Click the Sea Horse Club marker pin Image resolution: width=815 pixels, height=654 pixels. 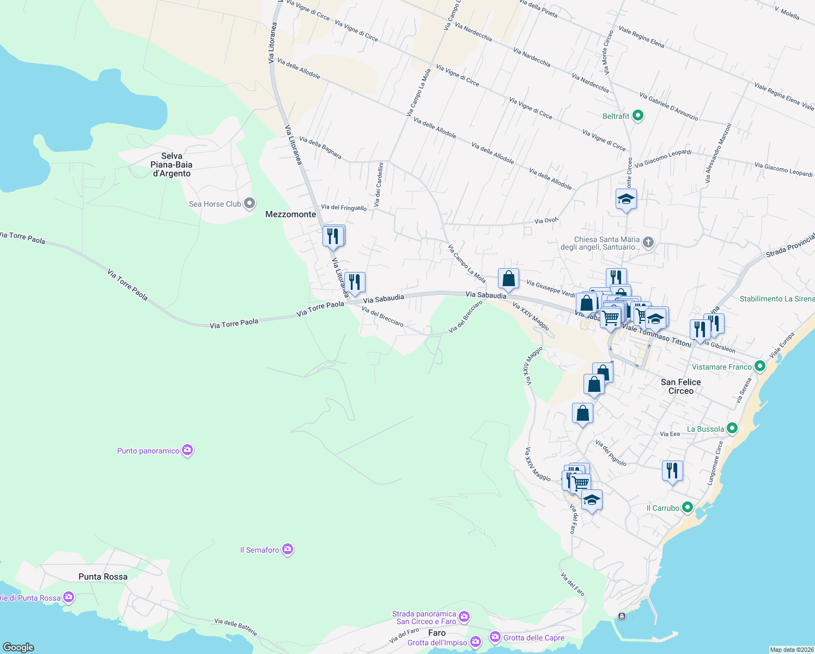tap(250, 204)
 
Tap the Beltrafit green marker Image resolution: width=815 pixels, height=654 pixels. tap(638, 116)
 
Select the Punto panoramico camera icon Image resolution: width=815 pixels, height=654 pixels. tap(187, 450)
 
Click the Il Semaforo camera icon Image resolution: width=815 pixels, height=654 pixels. tap(288, 549)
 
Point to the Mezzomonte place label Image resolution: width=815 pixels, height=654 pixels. tap(290, 214)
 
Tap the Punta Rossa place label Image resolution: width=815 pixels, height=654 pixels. tap(103, 577)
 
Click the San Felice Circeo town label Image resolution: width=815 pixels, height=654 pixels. tap(680, 386)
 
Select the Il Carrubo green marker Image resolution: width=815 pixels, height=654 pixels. tap(687, 507)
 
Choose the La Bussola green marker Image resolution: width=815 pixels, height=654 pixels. tap(732, 428)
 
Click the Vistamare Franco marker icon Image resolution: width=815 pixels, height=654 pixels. tap(759, 367)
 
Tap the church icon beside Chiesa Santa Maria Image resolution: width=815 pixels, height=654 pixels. tap(648, 242)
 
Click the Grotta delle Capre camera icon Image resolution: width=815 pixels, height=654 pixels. tap(495, 636)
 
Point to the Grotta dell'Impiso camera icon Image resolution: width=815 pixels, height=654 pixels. tap(475, 642)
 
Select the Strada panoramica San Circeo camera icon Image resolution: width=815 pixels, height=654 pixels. tap(464, 616)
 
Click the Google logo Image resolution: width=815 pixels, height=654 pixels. tap(18, 647)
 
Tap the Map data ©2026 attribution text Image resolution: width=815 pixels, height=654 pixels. tap(791, 650)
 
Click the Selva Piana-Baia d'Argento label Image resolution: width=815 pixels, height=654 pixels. tap(172, 165)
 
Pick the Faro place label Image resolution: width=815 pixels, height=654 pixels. tap(437, 633)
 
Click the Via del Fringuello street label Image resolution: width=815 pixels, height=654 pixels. tap(344, 207)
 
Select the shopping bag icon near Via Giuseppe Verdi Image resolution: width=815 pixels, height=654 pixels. tap(508, 279)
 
